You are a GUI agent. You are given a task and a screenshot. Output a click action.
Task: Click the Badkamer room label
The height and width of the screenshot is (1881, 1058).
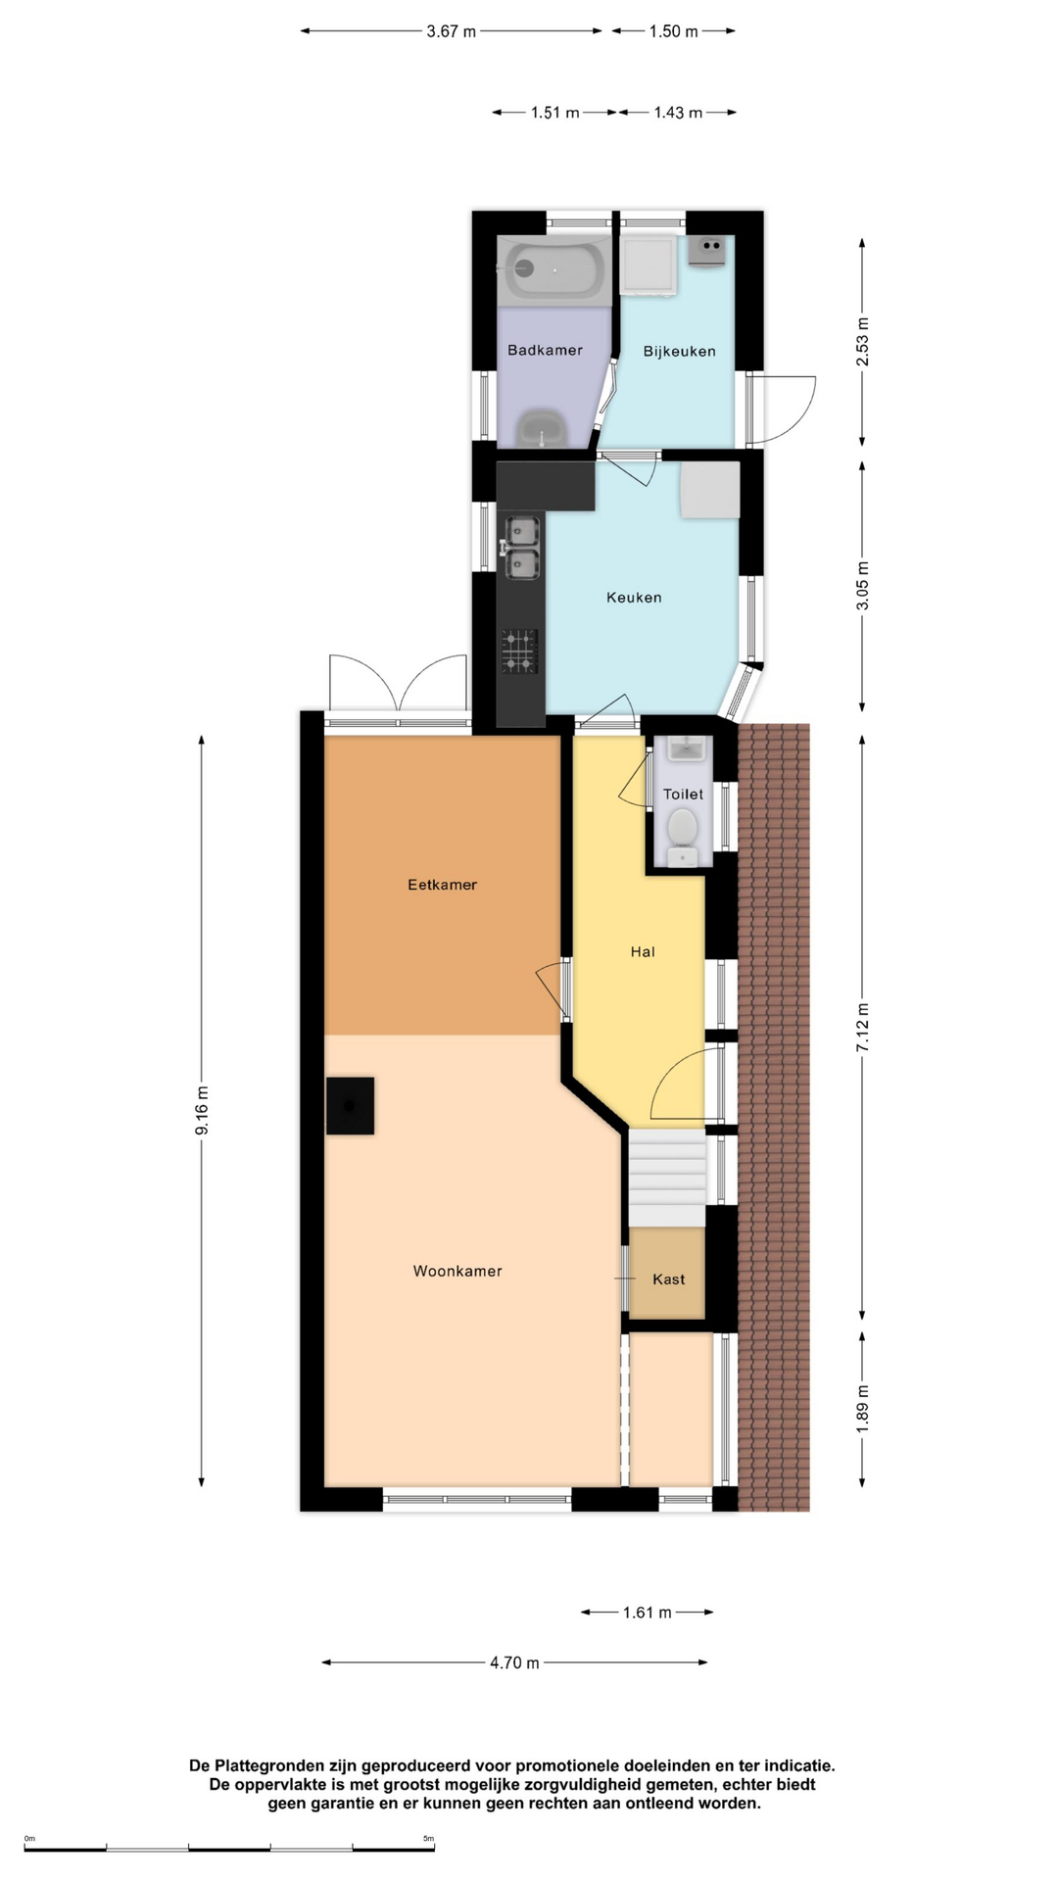(x=545, y=350)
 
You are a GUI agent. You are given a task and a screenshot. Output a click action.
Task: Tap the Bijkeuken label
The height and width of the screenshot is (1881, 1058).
(x=679, y=351)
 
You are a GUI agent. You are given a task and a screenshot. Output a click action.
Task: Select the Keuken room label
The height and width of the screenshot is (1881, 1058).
(x=634, y=597)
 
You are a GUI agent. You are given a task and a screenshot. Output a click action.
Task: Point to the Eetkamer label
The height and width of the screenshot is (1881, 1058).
(x=442, y=885)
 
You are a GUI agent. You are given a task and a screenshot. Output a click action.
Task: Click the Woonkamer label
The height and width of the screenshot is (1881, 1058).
(x=457, y=1271)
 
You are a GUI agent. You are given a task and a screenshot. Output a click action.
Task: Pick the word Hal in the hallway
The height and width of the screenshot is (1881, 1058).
(x=643, y=951)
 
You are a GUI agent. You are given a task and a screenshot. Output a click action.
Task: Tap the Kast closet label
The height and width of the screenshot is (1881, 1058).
(x=669, y=1278)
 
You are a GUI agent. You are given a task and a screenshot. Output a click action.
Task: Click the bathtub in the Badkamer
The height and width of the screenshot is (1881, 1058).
(x=554, y=269)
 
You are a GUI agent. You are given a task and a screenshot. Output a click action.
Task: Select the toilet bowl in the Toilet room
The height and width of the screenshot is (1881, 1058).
(x=683, y=832)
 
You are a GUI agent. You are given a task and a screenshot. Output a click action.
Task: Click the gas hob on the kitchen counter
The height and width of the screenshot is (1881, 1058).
(x=520, y=651)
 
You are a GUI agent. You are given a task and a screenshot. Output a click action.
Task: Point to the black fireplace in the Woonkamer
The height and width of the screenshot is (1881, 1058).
(x=350, y=1106)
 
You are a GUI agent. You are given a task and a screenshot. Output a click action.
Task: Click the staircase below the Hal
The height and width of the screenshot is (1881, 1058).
(x=666, y=1179)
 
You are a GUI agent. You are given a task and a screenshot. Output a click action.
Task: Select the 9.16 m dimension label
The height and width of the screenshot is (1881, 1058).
(x=202, y=1111)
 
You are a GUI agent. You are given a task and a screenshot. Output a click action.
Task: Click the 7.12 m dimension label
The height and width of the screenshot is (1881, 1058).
(x=863, y=1028)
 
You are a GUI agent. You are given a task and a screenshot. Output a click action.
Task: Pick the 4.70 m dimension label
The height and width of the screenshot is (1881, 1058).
(x=514, y=1663)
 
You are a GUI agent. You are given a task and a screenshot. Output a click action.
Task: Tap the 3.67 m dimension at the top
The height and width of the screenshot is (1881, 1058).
(x=451, y=31)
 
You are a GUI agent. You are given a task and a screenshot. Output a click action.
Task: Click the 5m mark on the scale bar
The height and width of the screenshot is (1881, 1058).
(x=428, y=1839)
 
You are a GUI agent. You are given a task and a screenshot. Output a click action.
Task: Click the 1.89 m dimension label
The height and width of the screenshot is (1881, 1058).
(x=863, y=1409)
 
